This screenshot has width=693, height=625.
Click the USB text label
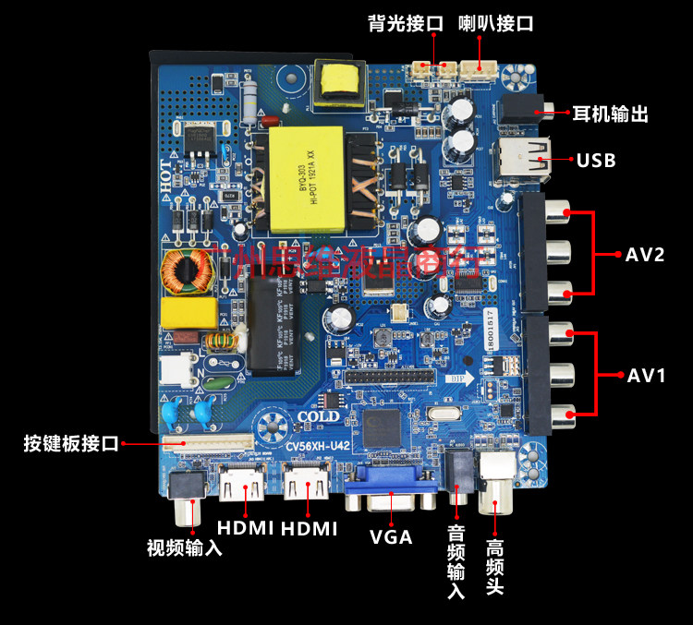pos(596,161)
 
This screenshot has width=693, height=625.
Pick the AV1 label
pos(647,376)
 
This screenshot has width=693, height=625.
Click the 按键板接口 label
pos(71,444)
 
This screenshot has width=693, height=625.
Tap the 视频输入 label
pos(185,547)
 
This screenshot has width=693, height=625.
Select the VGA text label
pos(391,536)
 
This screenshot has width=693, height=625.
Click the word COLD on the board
pos(319,417)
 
